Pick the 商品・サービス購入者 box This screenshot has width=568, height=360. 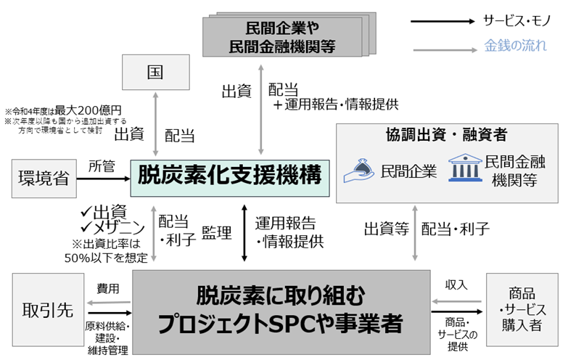[x=523, y=309]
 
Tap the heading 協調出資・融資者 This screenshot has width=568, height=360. [x=446, y=134]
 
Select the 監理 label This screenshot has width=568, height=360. [x=217, y=233]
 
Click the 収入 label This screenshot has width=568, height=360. [x=456, y=284]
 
